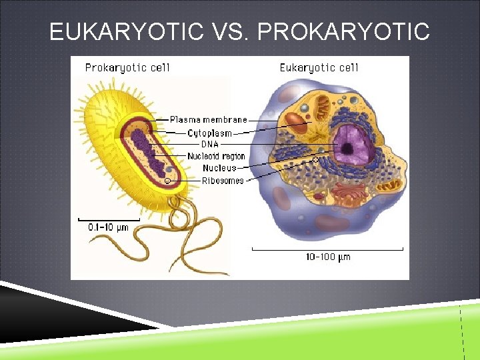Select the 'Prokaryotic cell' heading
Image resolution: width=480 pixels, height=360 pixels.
127,67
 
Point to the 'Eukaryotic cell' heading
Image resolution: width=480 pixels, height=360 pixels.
319,67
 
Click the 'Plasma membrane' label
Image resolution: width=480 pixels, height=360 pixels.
208,120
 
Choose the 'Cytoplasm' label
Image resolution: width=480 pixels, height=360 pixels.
209,133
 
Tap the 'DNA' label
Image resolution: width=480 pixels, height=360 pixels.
209,144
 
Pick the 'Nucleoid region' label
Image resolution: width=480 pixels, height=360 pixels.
216,156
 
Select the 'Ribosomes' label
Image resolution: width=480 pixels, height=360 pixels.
223,180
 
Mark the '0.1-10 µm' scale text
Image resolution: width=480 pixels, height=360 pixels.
108,227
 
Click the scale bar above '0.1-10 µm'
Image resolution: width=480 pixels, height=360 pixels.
108,217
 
